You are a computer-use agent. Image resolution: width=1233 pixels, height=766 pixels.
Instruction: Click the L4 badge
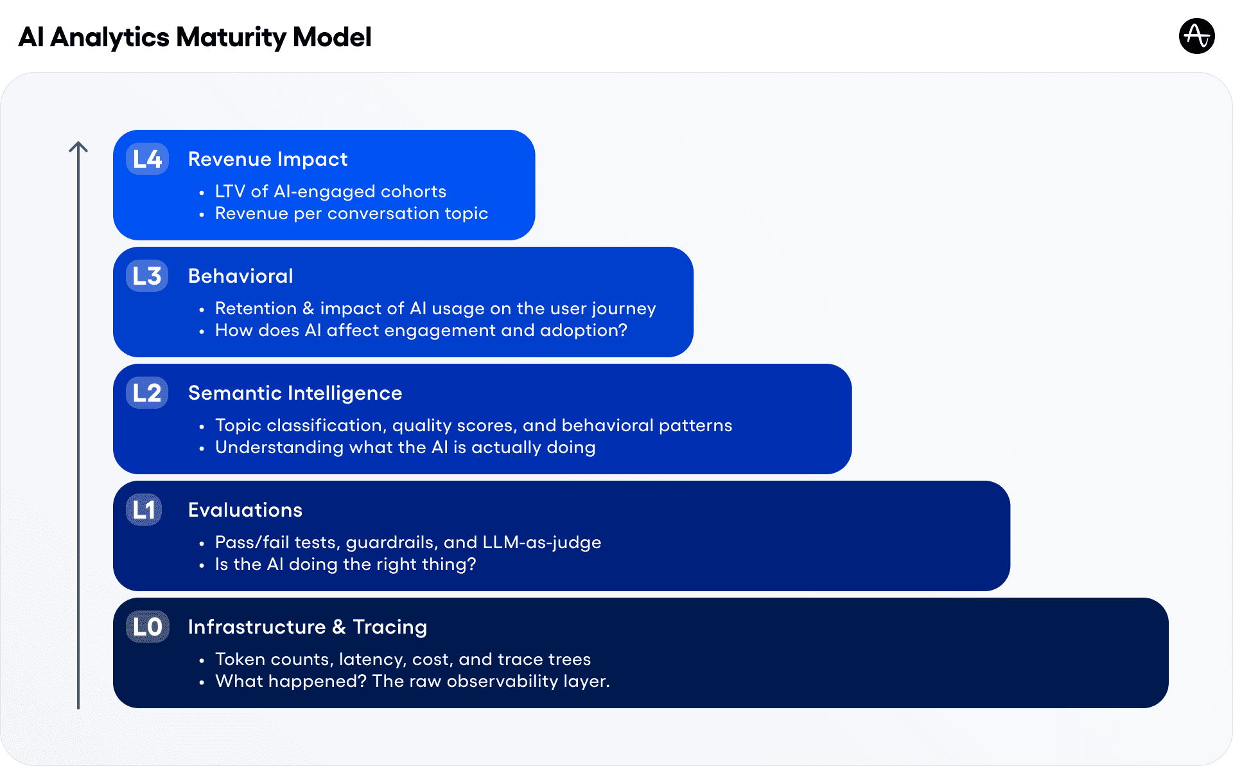pyautogui.click(x=147, y=159)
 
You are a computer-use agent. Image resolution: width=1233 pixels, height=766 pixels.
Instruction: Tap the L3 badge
pyautogui.click(x=147, y=276)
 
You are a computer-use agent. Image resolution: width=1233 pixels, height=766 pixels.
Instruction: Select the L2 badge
pyautogui.click(x=147, y=393)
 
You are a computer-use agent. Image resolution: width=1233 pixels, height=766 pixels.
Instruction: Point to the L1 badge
pyautogui.click(x=144, y=510)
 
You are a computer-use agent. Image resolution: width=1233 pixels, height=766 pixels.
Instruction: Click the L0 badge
pyautogui.click(x=147, y=627)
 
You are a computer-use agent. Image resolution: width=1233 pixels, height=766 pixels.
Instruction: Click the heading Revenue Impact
pyautogui.click(x=267, y=159)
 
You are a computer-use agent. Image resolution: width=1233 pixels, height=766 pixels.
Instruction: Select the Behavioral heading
pyautogui.click(x=240, y=276)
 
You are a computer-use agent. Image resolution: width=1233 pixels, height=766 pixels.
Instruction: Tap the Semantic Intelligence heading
pyautogui.click(x=295, y=393)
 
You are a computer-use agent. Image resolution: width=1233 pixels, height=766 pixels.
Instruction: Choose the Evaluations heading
pyautogui.click(x=245, y=510)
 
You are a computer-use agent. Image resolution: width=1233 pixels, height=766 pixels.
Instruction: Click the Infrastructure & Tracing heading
pyautogui.click(x=307, y=627)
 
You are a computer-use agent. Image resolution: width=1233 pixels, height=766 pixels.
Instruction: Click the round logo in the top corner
pyautogui.click(x=1196, y=36)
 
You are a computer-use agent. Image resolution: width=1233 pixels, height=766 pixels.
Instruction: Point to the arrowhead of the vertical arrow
pyautogui.click(x=78, y=145)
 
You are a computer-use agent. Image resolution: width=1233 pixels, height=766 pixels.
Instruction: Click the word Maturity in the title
pyautogui.click(x=231, y=37)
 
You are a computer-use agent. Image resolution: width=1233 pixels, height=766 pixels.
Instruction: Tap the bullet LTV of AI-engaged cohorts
pyautogui.click(x=330, y=191)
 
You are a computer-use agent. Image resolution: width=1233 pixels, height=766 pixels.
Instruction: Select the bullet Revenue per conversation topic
pyautogui.click(x=351, y=213)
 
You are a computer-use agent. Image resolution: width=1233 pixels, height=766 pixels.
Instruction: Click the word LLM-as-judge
pyautogui.click(x=541, y=542)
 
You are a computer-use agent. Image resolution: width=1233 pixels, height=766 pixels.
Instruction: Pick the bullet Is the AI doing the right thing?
pyautogui.click(x=345, y=564)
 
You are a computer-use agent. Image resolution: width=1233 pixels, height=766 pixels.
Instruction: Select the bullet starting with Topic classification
pyautogui.click(x=473, y=425)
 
